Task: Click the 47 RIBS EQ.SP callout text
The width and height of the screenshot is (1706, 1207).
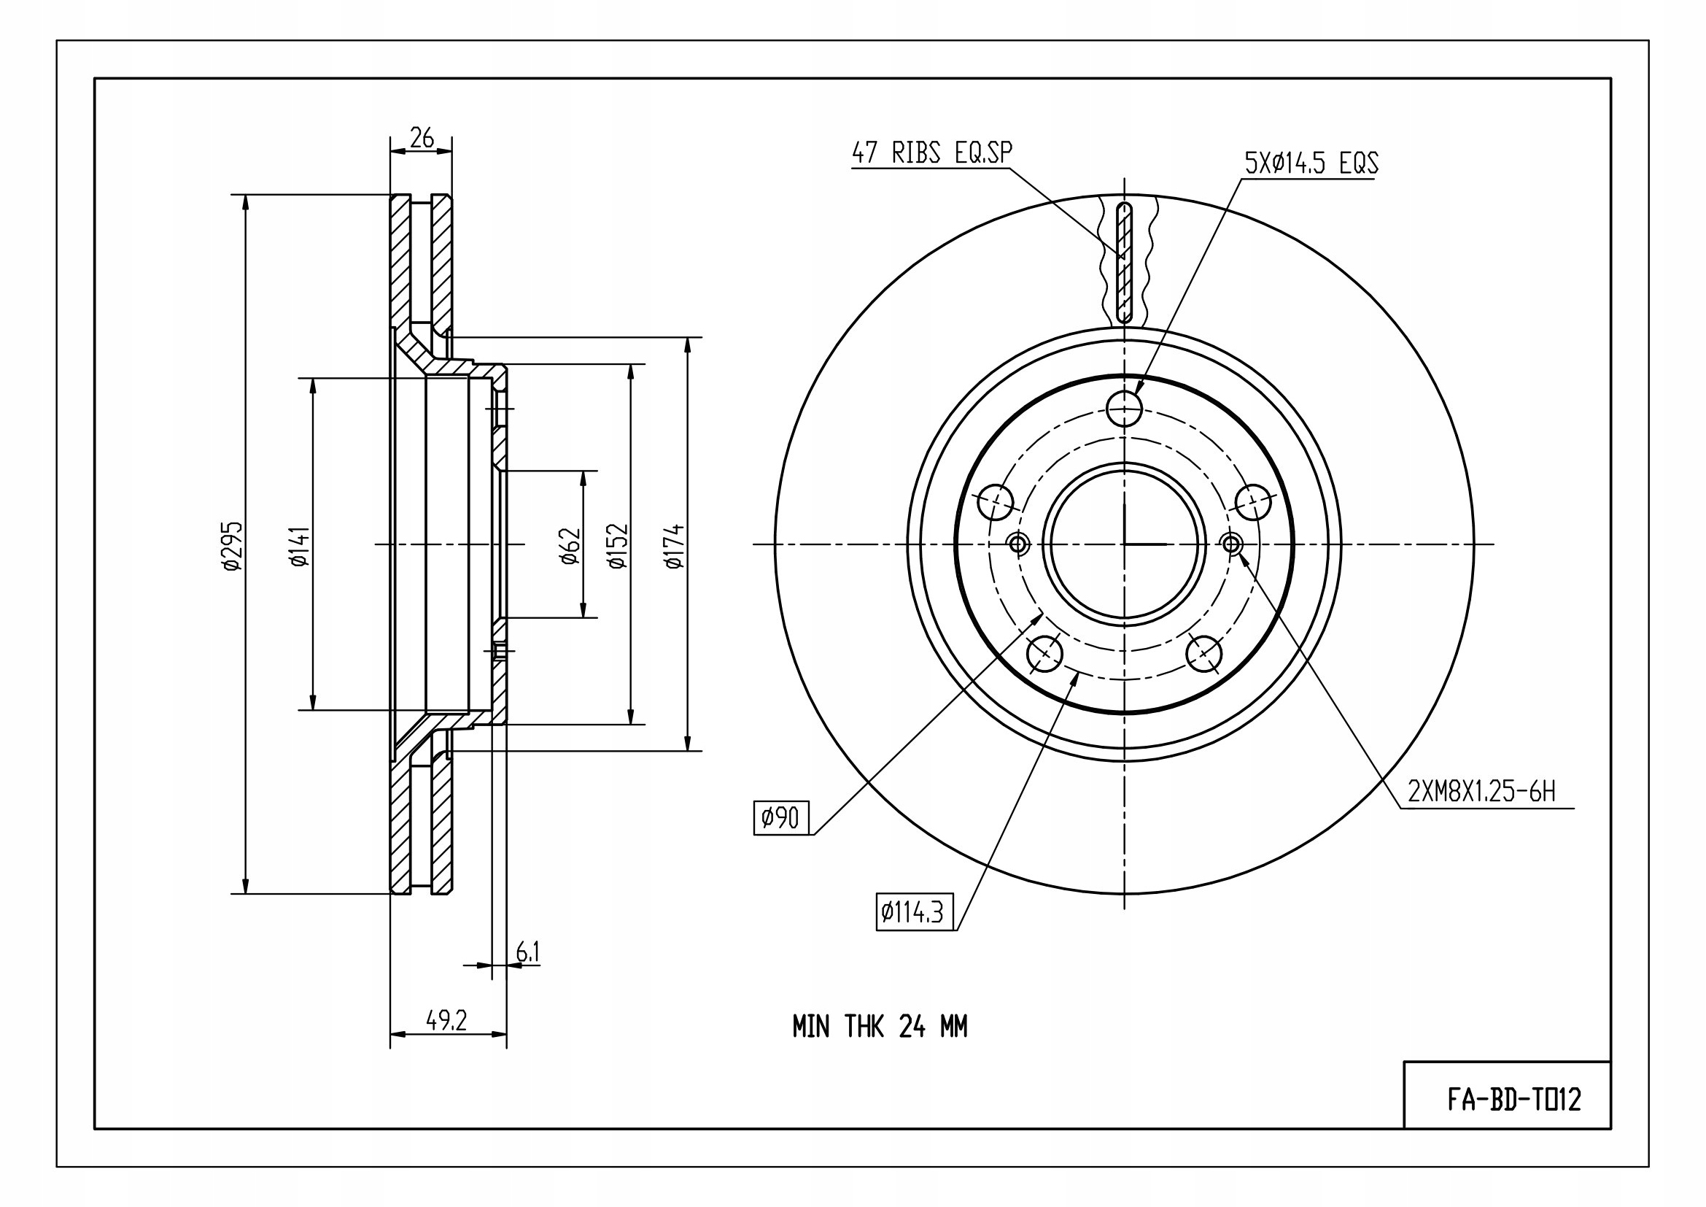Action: [x=931, y=153]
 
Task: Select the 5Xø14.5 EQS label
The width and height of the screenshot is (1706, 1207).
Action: [x=1312, y=163]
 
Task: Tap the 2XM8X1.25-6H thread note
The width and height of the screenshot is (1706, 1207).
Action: [x=1481, y=793]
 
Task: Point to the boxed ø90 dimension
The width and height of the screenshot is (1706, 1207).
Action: [x=781, y=818]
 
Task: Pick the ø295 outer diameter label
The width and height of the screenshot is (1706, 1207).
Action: [x=233, y=545]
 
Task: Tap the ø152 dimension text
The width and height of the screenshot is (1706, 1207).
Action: [x=619, y=547]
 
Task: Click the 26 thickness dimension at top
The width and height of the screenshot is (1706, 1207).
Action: [x=422, y=138]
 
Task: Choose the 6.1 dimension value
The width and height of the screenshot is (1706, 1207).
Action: [x=527, y=952]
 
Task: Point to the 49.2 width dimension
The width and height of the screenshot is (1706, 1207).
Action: [x=446, y=1020]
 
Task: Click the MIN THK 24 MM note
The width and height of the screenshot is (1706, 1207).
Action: [x=880, y=1027]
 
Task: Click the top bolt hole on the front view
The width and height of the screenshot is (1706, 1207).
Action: [x=1124, y=407]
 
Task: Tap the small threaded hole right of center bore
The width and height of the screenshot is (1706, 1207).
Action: [x=1231, y=545]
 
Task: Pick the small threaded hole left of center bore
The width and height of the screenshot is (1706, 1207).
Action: [x=1018, y=545]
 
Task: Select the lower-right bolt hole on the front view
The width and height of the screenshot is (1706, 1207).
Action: [x=1203, y=653]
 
